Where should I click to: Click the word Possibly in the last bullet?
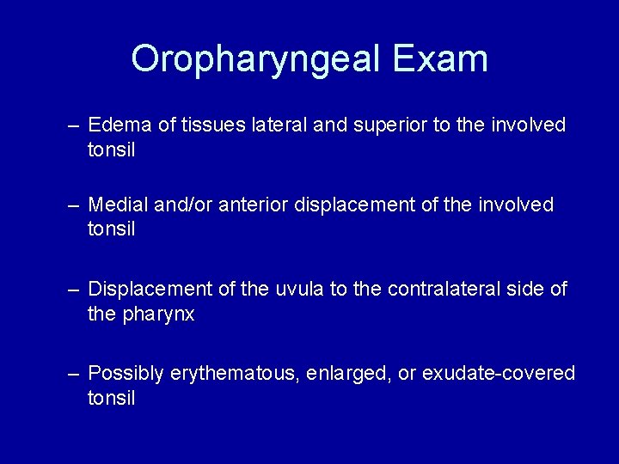pos(126,373)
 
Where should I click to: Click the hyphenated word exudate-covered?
pos(496,373)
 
